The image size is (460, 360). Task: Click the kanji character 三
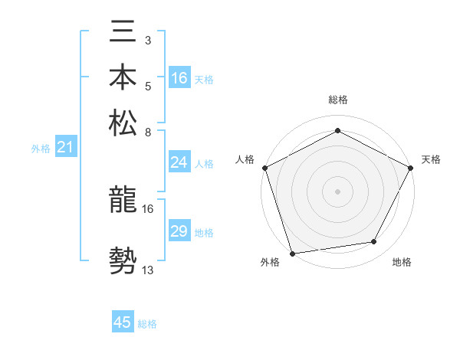point(123,34)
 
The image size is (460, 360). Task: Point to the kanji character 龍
point(123,201)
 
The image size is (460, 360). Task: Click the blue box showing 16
point(179,78)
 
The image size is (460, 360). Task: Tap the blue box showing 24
point(179,162)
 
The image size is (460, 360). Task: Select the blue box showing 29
point(179,231)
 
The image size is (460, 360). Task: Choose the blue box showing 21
point(64,148)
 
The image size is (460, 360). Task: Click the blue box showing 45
point(123,322)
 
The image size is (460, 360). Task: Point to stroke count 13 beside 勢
point(148,270)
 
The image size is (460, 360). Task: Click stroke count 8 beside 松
point(148,132)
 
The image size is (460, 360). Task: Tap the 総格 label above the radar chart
point(337,100)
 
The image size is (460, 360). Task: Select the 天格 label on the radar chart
point(431,159)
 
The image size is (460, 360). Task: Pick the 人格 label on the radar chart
point(245,159)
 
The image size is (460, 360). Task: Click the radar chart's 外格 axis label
point(269,263)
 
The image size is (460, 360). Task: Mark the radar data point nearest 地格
point(374,242)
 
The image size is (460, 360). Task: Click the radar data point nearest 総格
point(337,131)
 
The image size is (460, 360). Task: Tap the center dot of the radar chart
point(337,191)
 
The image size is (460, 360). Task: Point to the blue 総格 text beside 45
point(147,324)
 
